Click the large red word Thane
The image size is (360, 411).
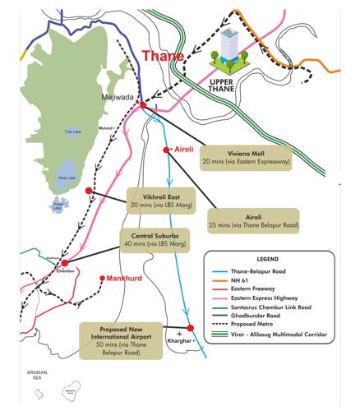tap(163, 57)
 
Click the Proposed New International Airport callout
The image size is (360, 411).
tap(121, 337)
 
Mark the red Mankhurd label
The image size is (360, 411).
tap(122, 279)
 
